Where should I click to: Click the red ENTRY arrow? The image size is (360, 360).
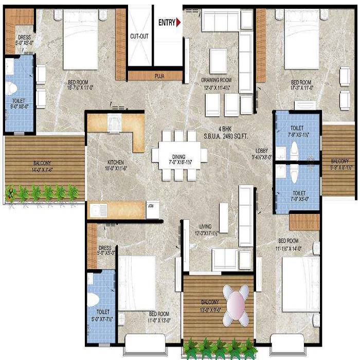pyautogui.click(x=178, y=23)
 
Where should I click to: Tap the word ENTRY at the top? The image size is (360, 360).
pyautogui.click(x=166, y=23)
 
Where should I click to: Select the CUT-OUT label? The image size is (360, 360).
pyautogui.click(x=139, y=37)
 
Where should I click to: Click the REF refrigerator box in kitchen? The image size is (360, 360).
pyautogui.click(x=150, y=206)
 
